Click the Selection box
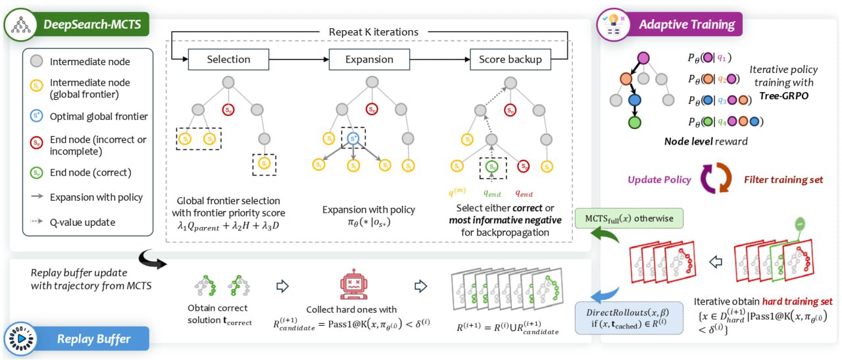(x=228, y=59)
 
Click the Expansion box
(x=369, y=59)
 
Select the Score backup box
(x=510, y=59)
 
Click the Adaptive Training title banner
(x=686, y=25)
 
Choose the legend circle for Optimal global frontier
(x=37, y=116)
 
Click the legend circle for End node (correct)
(x=37, y=173)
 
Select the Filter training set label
(x=783, y=180)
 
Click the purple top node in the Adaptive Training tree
(x=644, y=58)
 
